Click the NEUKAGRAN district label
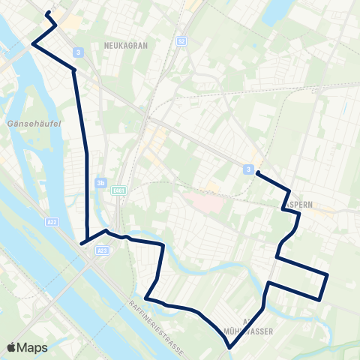127,46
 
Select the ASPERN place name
299,203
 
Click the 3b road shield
101,182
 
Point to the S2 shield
181,41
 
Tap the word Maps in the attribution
33,347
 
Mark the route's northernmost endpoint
48,13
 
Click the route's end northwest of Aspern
257,173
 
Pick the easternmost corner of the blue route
328,274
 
